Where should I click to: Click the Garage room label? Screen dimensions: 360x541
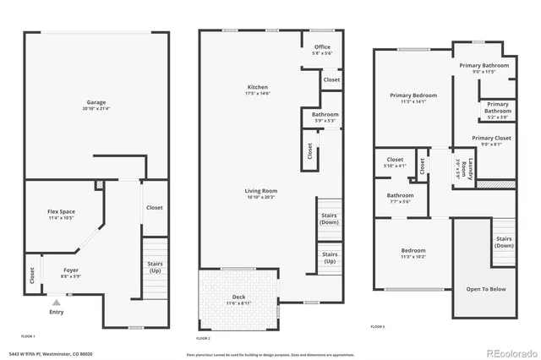96,102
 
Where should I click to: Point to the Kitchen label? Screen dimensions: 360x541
257,87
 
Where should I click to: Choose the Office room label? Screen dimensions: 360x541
322,46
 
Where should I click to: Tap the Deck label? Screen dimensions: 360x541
239,297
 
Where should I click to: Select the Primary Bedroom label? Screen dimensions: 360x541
413,95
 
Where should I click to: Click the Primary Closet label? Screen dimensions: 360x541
491,138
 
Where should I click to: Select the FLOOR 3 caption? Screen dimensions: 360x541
377,325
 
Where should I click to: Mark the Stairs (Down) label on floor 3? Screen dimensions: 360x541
503,242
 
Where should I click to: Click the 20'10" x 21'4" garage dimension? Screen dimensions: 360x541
96,109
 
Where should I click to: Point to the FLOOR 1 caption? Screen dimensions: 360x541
29,335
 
